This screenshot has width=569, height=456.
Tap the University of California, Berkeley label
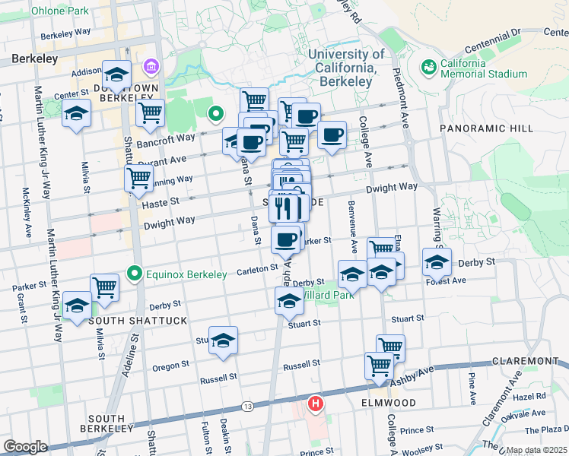(346, 67)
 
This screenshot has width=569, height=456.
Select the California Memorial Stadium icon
(428, 68)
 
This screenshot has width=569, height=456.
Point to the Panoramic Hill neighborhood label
(486, 128)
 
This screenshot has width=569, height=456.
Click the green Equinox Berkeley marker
(135, 273)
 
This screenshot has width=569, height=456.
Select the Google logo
(25, 447)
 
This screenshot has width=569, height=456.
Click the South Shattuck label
(138, 321)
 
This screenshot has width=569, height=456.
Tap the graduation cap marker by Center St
(75, 114)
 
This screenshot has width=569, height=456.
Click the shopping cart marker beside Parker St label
(104, 287)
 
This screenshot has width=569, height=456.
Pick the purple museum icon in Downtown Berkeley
(151, 67)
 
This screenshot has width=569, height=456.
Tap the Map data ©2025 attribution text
(537, 450)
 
